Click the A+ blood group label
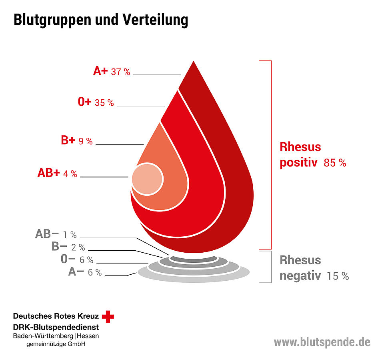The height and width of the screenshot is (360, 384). coord(100,71)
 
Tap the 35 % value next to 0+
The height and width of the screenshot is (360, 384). coord(104,103)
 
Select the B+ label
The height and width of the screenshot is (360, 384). coord(68,141)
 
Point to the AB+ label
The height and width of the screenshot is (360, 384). coord(48,173)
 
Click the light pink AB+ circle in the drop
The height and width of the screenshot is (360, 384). coord(147,179)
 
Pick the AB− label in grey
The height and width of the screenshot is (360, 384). coord(47,234)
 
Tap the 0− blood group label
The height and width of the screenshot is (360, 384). coord(68,259)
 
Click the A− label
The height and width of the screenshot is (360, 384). coord(76,272)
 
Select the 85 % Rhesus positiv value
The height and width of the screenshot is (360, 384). coord(335,163)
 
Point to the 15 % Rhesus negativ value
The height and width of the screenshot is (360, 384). coord(338,276)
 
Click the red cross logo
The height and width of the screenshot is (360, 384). coord(108,316)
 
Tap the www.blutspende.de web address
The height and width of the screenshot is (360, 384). coord(322,342)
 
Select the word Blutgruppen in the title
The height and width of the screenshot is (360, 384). coord(54,20)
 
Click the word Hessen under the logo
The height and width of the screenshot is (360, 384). coord(88,336)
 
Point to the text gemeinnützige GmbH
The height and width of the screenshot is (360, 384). coord(56,344)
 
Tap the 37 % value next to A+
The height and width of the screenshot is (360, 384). coord(121,72)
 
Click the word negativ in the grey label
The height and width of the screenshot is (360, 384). coord(300,276)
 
